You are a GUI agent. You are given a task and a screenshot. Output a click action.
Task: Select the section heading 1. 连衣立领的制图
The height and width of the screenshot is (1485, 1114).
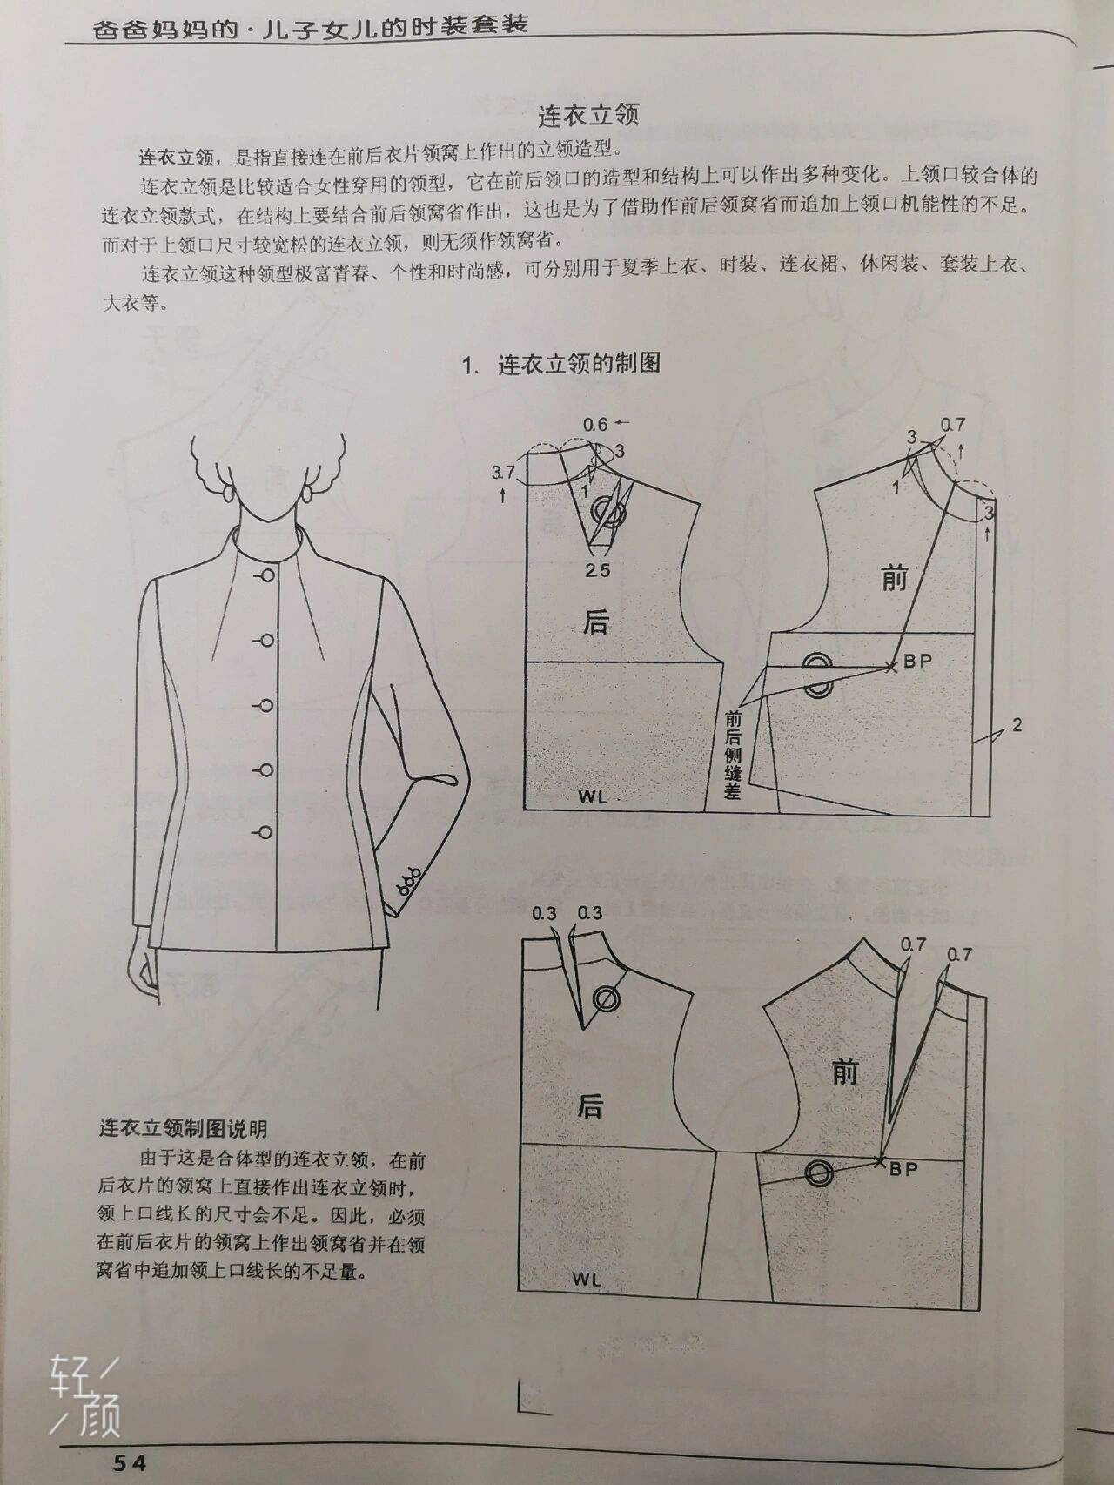pyautogui.click(x=560, y=363)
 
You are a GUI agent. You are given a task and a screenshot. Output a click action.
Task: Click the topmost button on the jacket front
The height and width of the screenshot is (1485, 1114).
pyautogui.click(x=268, y=575)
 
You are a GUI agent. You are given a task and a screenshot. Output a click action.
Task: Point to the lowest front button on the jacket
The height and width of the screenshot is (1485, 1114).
pyautogui.click(x=265, y=832)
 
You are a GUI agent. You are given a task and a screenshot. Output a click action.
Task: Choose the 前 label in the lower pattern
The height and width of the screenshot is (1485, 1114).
pyautogui.click(x=844, y=1072)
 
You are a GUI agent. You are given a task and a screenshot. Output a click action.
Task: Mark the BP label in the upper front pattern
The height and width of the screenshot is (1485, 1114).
pyautogui.click(x=916, y=661)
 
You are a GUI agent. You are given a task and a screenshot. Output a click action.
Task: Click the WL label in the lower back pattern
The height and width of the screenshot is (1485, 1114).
pyautogui.click(x=587, y=1280)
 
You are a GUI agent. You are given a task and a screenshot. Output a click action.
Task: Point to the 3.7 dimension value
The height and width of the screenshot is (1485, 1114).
pyautogui.click(x=503, y=473)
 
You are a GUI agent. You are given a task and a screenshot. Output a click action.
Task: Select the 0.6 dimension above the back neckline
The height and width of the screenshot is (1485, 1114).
pyautogui.click(x=595, y=425)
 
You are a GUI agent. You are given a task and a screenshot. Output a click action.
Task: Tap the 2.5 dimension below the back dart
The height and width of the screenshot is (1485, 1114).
pyautogui.click(x=597, y=570)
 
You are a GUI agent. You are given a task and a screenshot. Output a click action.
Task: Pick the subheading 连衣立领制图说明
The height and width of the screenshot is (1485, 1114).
pyautogui.click(x=183, y=1129)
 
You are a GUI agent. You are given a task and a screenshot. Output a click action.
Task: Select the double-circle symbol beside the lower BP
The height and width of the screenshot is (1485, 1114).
pyautogui.click(x=819, y=1173)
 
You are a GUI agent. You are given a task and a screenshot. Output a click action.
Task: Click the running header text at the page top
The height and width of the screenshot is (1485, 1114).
pyautogui.click(x=310, y=25)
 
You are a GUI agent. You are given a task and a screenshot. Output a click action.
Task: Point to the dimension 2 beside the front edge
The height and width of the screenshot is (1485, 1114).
pyautogui.click(x=1017, y=724)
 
